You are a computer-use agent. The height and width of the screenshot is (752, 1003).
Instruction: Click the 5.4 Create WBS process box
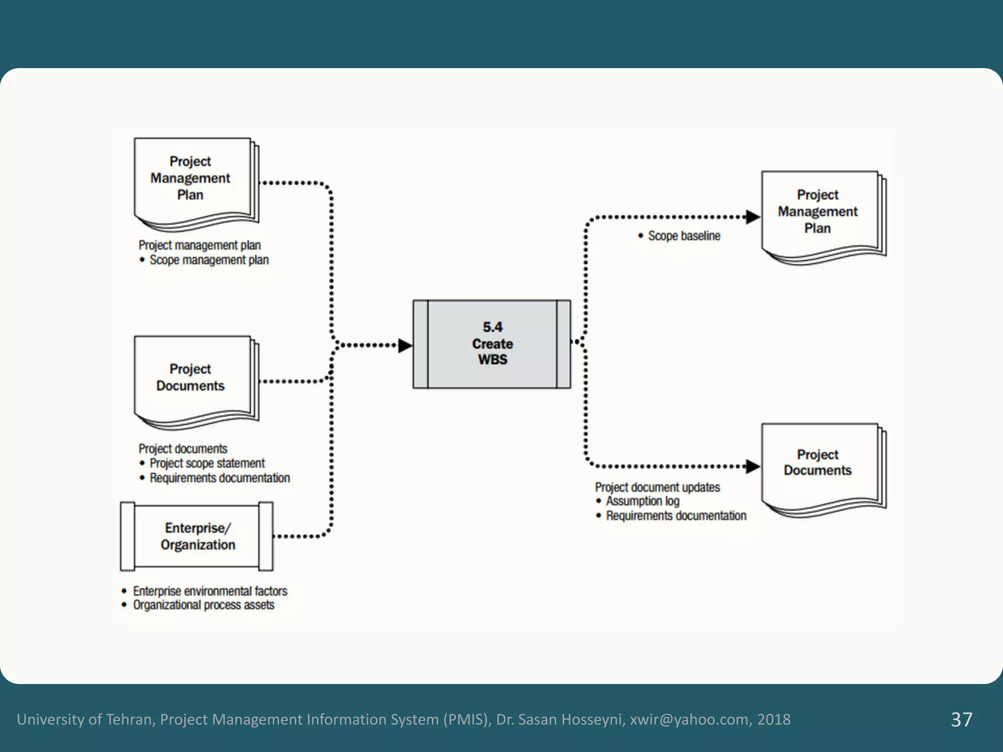point(492,344)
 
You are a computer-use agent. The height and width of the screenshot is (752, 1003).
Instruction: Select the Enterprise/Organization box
point(197,537)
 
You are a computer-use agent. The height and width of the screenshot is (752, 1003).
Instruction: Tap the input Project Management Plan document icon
point(193,181)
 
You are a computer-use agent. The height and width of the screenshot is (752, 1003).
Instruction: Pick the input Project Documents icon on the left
point(193,379)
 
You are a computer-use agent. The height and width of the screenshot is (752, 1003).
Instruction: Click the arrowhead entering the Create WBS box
point(405,346)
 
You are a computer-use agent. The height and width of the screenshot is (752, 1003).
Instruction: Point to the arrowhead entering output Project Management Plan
point(752,217)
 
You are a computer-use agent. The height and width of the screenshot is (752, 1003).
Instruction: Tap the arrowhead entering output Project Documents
point(752,467)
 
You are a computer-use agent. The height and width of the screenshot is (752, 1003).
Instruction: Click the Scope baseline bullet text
point(684,236)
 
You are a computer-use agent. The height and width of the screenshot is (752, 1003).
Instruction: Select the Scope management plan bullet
point(209,260)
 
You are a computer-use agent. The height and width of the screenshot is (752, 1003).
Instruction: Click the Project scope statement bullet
point(207,463)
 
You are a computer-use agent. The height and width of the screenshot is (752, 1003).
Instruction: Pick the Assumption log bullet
point(642,501)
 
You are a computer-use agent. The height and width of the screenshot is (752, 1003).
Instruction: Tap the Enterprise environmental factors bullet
point(210,591)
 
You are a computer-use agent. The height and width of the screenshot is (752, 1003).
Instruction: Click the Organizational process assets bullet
point(203,605)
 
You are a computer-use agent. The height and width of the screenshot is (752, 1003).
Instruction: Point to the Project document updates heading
point(657,487)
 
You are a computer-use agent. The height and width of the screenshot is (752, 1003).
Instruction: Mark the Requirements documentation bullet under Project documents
point(219,478)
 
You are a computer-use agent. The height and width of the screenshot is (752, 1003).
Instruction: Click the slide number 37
point(961,719)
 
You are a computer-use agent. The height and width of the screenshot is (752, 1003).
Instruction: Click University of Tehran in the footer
point(86,719)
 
